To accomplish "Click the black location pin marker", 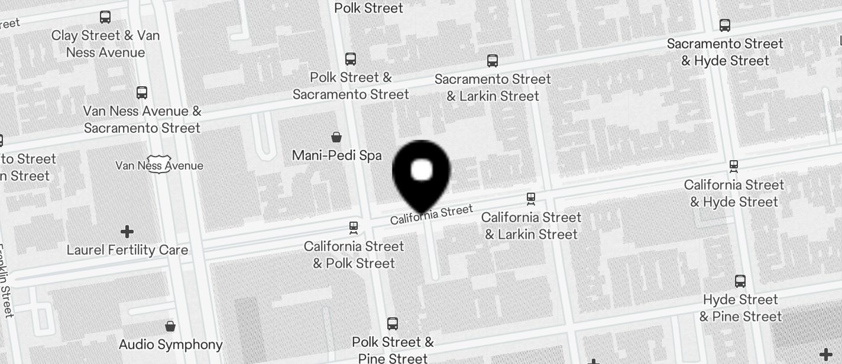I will (x=421, y=173).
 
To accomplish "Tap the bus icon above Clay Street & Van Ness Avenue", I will (x=105, y=17).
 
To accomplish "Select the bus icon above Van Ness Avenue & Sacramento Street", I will (x=142, y=93).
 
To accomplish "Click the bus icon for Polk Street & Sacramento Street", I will (x=351, y=59).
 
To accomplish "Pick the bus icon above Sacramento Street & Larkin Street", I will (x=493, y=61).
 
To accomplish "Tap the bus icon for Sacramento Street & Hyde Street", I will (x=725, y=25).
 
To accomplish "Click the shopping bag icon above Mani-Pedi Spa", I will (x=336, y=138).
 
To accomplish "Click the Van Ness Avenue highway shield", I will (x=159, y=163).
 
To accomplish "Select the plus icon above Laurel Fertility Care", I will (x=127, y=231).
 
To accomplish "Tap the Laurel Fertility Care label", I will (x=127, y=250).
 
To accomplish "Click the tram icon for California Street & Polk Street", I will (x=354, y=227).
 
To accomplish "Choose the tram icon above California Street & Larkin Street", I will (x=531, y=199).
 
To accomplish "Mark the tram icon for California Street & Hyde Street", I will (x=734, y=166).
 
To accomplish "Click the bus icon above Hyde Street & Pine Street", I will (x=740, y=281).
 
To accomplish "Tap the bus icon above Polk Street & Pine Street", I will (x=393, y=324).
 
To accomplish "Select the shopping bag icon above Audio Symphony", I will (x=170, y=326).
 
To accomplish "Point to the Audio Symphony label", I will (x=170, y=344).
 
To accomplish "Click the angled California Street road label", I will (x=432, y=214).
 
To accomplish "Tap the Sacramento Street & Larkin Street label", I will (x=493, y=87).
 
